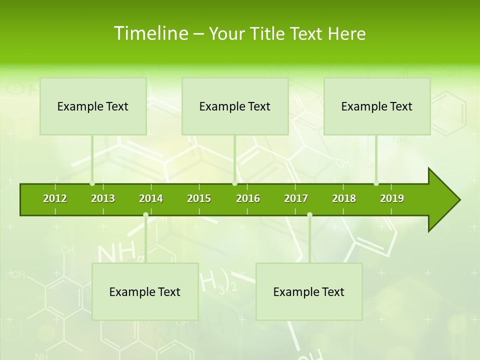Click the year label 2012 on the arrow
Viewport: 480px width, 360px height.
55,198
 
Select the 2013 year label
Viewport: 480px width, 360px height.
103,198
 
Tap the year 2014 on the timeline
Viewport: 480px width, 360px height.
151,198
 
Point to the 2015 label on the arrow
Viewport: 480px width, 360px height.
199,198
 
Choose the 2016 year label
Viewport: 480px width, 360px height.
248,198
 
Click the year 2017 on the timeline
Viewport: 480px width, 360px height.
296,198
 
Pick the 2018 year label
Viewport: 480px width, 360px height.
344,198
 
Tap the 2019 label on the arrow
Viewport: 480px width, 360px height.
392,198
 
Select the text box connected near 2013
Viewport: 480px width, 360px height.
93,106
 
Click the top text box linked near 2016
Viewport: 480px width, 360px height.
235,106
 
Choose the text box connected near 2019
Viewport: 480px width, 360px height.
377,106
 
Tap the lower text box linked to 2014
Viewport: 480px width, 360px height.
145,292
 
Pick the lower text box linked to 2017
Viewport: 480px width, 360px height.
309,292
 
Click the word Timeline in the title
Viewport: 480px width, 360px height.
150,33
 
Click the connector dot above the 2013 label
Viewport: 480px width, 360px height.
92,183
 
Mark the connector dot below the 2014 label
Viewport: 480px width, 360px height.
145,215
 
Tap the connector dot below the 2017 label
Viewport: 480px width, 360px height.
309,215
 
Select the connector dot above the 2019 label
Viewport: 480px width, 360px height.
376,183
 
